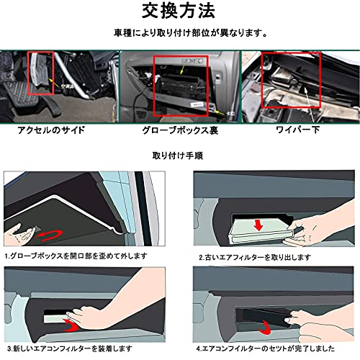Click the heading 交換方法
coord(179,12)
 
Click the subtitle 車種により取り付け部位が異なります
coord(180,33)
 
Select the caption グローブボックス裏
coord(179,131)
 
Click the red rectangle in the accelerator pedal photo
coord(40,73)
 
